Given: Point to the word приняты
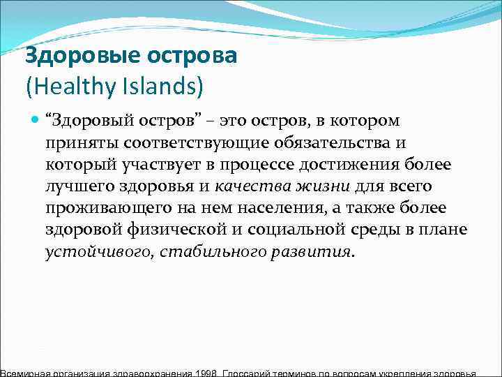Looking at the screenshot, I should click(x=75, y=144).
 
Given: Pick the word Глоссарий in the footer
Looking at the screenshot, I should click(x=250, y=372).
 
